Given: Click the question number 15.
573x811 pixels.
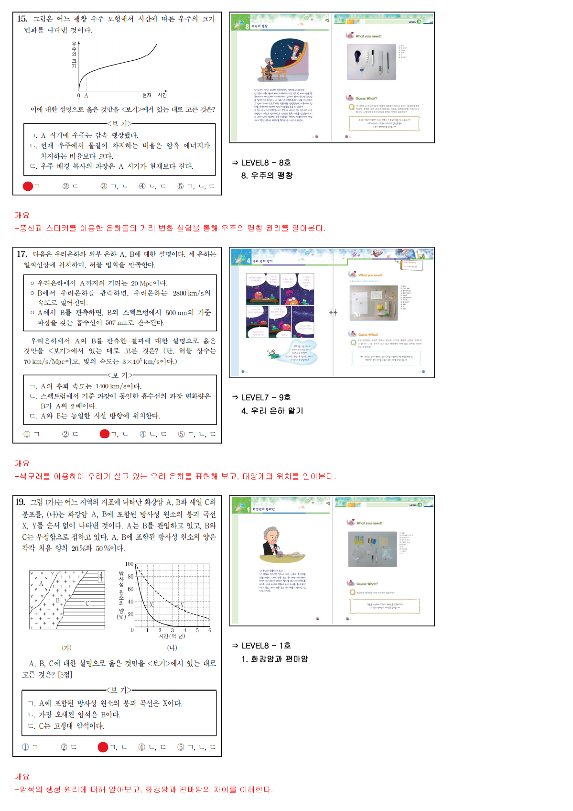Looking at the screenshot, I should point(22,19).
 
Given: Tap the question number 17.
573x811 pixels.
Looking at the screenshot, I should point(22,254).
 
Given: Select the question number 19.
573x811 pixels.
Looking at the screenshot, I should point(20,502).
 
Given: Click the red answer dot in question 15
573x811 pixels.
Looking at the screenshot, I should point(28,186).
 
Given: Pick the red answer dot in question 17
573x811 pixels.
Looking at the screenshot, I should point(105,434).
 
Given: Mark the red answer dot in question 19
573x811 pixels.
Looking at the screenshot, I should point(103,747).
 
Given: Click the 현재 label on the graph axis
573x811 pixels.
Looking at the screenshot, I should point(147,95).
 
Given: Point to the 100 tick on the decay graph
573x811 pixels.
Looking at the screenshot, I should point(129,564).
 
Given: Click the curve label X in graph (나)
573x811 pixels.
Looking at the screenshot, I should point(151,605).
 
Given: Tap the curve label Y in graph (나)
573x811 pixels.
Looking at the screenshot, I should point(182,605).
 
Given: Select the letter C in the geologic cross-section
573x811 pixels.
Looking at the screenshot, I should point(87,603).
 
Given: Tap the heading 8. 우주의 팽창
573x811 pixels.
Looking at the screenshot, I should point(267,175).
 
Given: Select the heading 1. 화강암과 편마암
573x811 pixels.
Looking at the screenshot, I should point(274,659).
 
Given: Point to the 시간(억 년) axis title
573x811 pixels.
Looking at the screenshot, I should point(172,636).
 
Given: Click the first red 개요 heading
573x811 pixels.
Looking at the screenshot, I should point(22,215).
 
